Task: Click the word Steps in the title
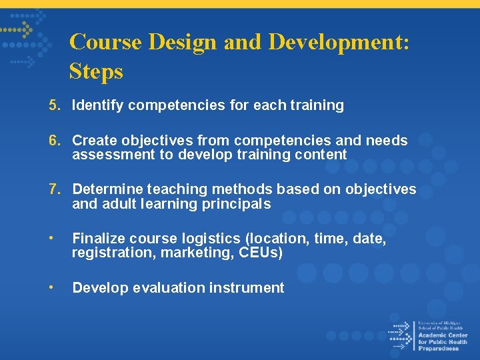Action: pos(96,71)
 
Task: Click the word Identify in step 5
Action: pos(98,105)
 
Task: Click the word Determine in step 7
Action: pos(107,190)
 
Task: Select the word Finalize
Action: pos(98,239)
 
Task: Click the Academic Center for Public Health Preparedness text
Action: pos(443,337)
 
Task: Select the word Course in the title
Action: pos(106,42)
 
